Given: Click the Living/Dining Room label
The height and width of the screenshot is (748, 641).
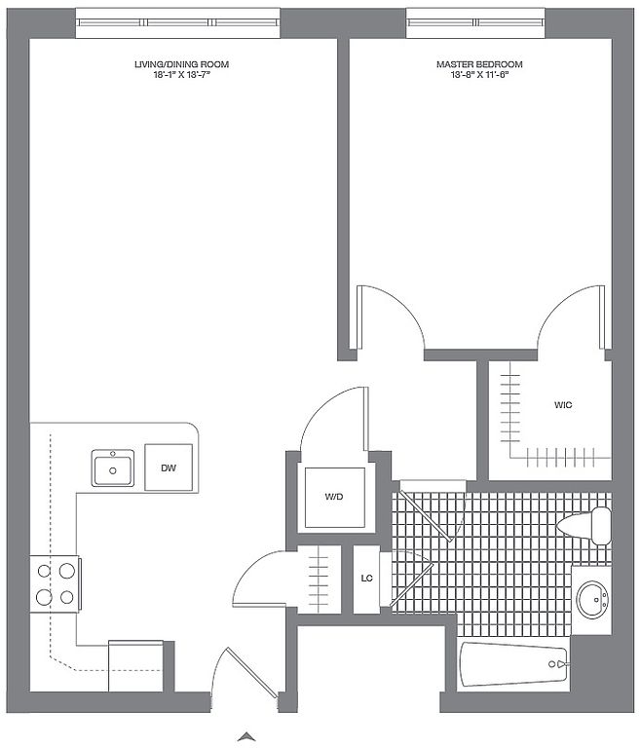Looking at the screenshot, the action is point(181,64).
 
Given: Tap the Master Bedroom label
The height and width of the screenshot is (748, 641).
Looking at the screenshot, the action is point(479,64).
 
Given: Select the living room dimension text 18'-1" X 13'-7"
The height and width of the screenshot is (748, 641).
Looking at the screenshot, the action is point(182,75).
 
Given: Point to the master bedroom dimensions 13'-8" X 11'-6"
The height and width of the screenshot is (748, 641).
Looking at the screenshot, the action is point(479,75).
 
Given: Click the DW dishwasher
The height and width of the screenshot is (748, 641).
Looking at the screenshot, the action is point(169,467).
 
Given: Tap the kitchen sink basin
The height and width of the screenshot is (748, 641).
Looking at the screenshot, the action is point(113,467).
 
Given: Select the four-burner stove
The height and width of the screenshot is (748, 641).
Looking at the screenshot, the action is point(55,584).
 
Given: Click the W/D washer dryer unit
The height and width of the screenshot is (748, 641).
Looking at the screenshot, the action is point(334,498).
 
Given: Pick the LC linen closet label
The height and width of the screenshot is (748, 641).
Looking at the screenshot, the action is point(366,579).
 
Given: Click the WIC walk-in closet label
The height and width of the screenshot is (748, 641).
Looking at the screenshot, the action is point(563,405).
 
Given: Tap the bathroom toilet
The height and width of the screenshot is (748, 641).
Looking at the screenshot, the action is point(584,525).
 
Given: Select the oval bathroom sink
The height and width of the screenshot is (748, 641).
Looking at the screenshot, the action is point(592,599).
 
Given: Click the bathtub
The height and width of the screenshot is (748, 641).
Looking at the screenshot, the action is point(513,664).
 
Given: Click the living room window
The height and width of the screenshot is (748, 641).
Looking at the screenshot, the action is point(178,22).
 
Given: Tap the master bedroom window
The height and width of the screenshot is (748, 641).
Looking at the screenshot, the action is point(475,22).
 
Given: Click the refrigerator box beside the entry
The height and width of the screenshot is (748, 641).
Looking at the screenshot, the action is point(136,666).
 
